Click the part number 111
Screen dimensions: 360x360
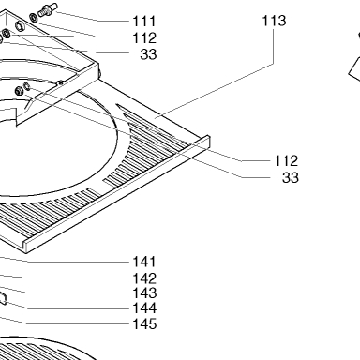click(144, 22)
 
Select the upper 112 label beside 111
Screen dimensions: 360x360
click(144, 38)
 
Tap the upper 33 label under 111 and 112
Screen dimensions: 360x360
click(148, 54)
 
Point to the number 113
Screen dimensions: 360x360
click(274, 21)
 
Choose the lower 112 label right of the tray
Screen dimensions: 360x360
click(286, 161)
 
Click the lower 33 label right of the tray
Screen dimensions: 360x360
click(291, 177)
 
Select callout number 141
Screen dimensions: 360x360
click(144, 262)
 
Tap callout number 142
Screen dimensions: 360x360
click(144, 278)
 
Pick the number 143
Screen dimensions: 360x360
click(144, 293)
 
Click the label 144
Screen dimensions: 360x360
click(144, 308)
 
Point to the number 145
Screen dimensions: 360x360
click(144, 323)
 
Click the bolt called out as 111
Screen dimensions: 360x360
click(48, 9)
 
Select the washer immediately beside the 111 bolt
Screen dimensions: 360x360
click(34, 18)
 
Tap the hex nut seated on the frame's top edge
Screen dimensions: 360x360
click(20, 26)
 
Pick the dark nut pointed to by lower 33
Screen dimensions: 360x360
click(19, 91)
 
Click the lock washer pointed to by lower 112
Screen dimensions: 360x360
click(27, 86)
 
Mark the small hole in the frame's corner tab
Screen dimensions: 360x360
click(60, 83)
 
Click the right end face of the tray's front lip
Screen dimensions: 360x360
click(207, 142)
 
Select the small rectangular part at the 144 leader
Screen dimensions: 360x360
click(3, 298)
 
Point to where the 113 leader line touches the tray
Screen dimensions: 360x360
click(156, 118)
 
